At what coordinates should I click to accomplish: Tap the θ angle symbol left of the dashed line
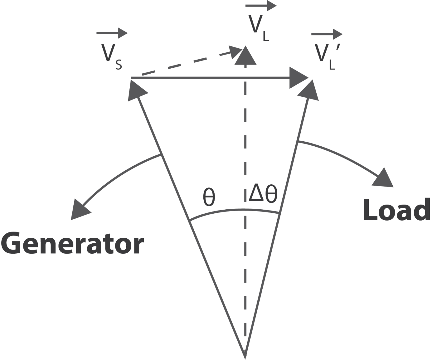click(209, 197)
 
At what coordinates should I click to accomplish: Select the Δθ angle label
click(263, 194)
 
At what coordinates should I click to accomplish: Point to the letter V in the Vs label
click(108, 53)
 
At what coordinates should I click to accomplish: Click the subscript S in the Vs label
click(119, 65)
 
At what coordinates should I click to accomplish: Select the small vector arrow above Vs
click(112, 33)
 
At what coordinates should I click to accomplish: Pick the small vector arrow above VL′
click(327, 34)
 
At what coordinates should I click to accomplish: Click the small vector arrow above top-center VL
click(261, 6)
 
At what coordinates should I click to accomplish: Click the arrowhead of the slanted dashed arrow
click(235, 51)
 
